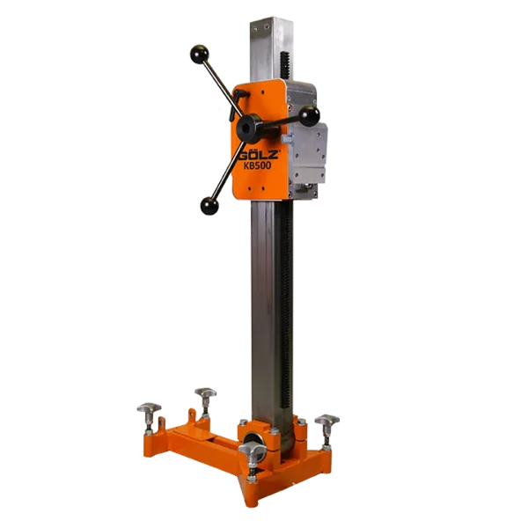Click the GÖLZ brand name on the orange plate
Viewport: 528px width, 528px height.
point(259,155)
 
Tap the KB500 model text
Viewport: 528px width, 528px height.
point(259,165)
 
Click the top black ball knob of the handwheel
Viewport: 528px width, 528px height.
point(200,53)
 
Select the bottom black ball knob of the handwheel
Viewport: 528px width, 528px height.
point(209,205)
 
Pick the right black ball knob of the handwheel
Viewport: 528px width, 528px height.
point(309,115)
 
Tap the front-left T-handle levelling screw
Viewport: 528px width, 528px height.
point(150,417)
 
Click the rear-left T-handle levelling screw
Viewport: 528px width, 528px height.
point(205,402)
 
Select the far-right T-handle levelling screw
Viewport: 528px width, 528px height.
point(327,430)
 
